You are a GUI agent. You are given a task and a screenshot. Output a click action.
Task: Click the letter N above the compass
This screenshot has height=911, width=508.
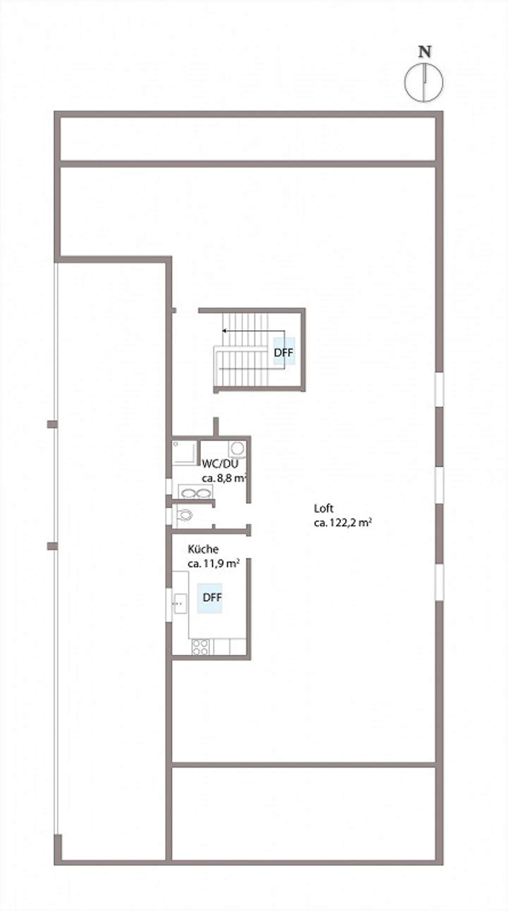[x=424, y=52]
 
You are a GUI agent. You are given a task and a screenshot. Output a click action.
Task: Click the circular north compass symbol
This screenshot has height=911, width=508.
[x=423, y=83]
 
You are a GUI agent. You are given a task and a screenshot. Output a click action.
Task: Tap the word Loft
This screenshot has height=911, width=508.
[x=323, y=508]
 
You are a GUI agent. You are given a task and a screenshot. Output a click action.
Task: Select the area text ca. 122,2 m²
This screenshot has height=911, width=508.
[x=343, y=523]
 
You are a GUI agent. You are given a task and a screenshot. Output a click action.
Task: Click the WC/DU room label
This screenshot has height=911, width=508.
[x=220, y=464]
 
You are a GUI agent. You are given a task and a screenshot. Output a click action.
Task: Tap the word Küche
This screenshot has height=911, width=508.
[x=203, y=549]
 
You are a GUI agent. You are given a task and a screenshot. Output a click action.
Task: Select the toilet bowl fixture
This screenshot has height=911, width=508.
[x=184, y=515]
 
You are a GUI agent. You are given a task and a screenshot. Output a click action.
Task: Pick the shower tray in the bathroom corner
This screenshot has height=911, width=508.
[x=184, y=452]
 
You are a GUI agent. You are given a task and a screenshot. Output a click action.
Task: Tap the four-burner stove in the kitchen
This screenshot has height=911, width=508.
[x=200, y=647]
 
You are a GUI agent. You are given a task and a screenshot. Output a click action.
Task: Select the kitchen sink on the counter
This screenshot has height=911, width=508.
[x=180, y=604]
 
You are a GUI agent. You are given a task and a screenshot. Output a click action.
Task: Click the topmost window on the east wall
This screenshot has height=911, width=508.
[x=439, y=389]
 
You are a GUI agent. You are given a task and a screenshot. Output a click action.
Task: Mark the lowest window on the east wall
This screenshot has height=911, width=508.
[x=439, y=582]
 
